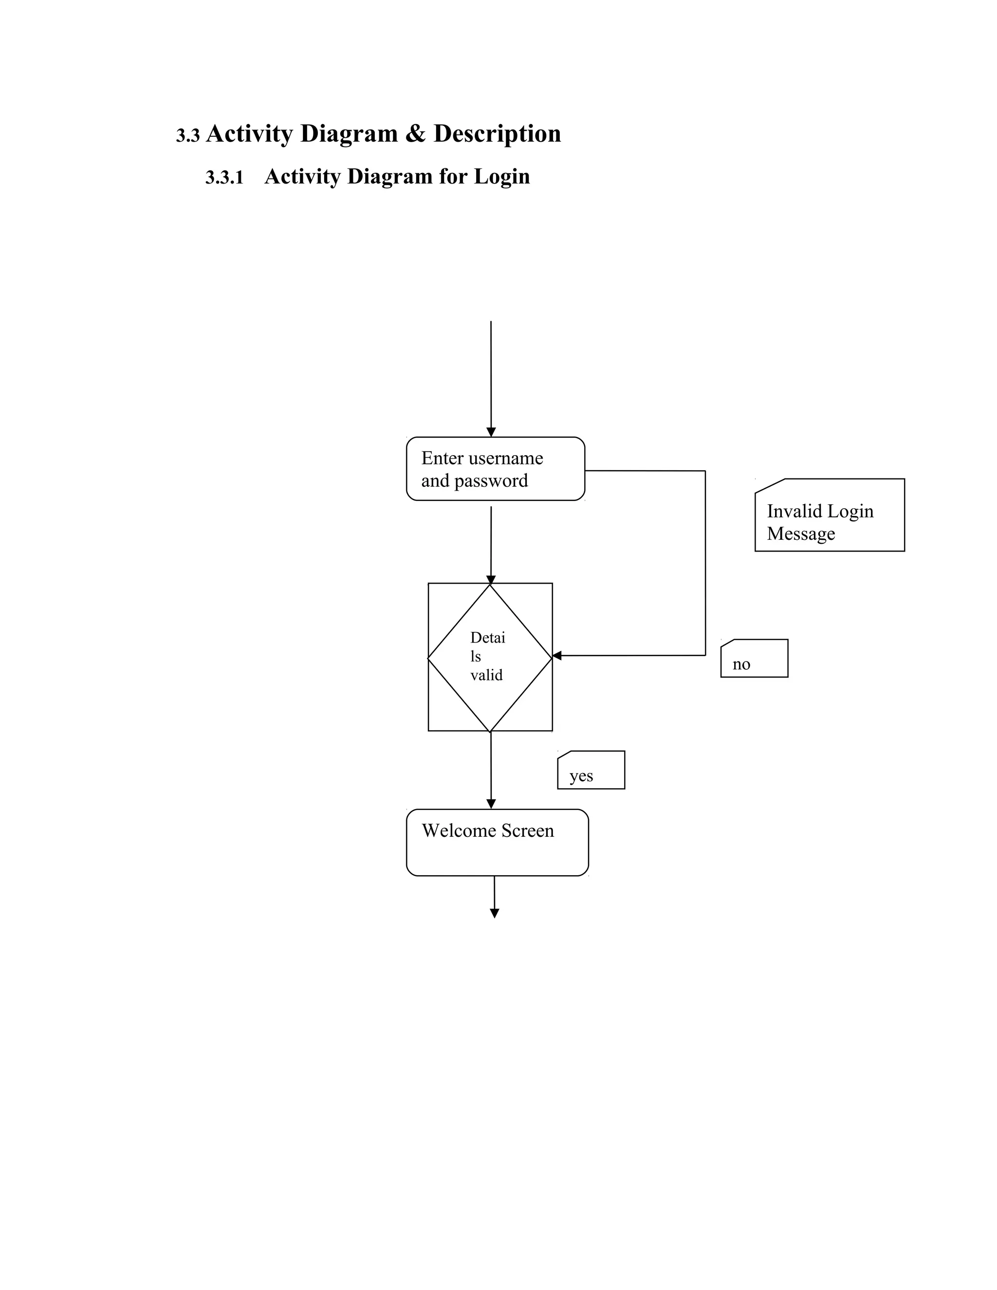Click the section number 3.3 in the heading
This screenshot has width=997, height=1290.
pyautogui.click(x=188, y=136)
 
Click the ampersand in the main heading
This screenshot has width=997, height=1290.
pyautogui.click(x=415, y=134)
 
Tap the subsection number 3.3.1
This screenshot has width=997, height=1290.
pyautogui.click(x=224, y=178)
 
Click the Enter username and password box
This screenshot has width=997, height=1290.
pyautogui.click(x=495, y=469)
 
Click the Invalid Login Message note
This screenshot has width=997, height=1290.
pyautogui.click(x=829, y=515)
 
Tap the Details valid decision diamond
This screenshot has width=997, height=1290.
pyautogui.click(x=490, y=657)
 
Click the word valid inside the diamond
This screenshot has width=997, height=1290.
pyautogui.click(x=486, y=675)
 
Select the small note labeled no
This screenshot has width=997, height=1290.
pyautogui.click(x=754, y=659)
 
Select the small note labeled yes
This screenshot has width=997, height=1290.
pyautogui.click(x=591, y=770)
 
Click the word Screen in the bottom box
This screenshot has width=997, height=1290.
pyautogui.click(x=527, y=831)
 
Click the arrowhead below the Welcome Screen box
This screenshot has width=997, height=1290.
pyautogui.click(x=495, y=914)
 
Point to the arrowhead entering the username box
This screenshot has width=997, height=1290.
pyautogui.click(x=491, y=432)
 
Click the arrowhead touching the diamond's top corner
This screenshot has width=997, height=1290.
pyautogui.click(x=491, y=580)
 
